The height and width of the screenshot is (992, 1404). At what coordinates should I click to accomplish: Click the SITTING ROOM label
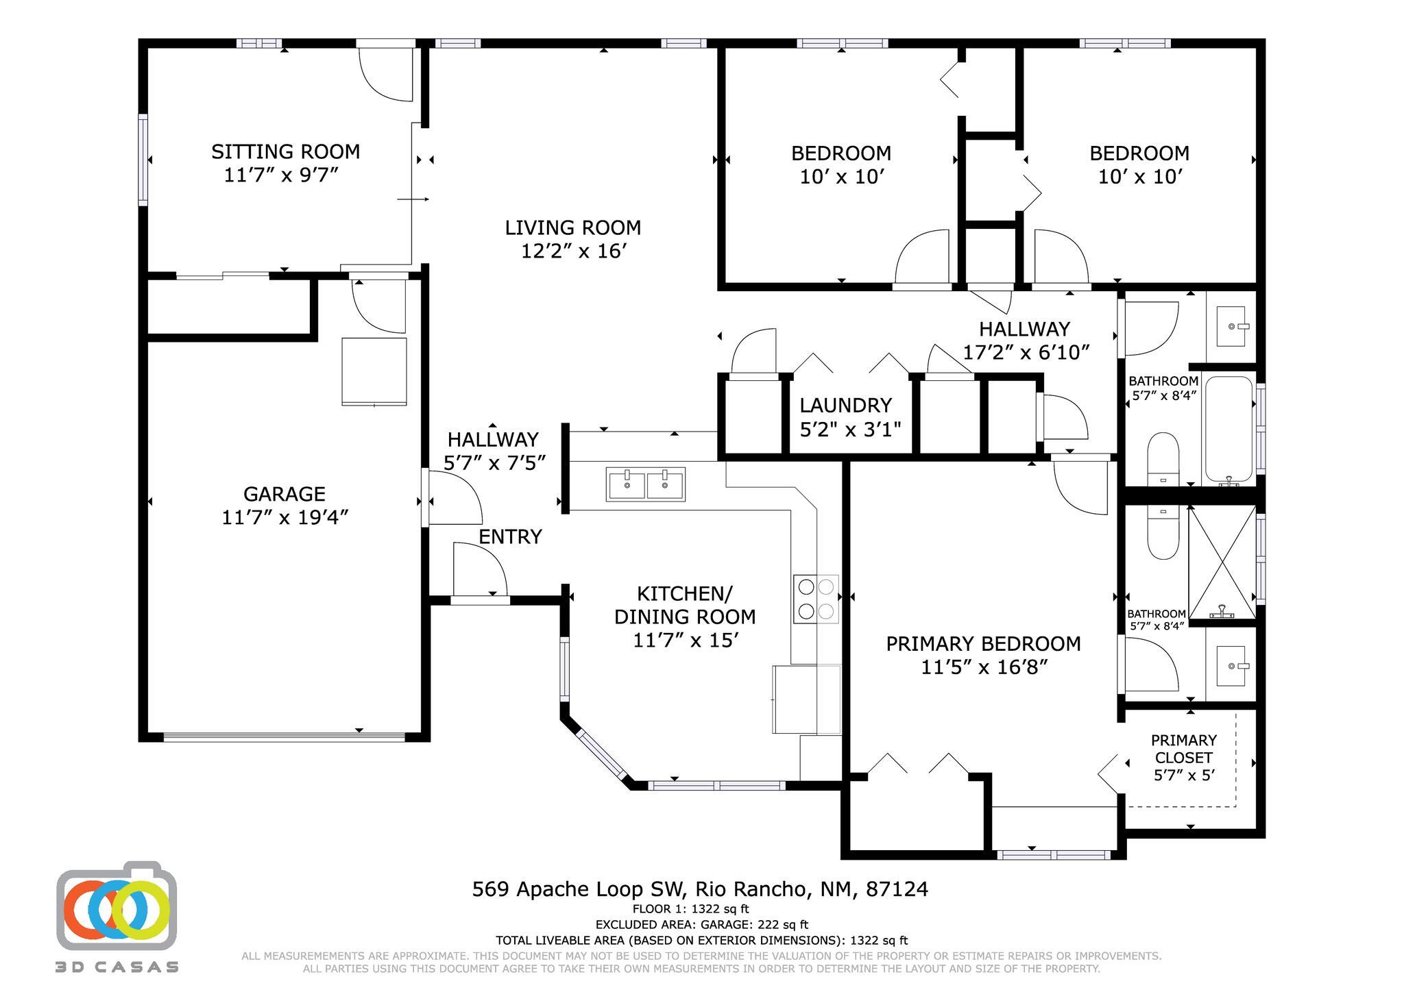[285, 151]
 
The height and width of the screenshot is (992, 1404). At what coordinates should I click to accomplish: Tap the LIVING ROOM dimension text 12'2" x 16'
[574, 251]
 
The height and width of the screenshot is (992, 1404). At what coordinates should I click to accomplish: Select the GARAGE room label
[284, 494]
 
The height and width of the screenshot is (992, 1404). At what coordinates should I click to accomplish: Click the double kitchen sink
[645, 484]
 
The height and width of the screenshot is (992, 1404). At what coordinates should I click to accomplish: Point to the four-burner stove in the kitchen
[816, 599]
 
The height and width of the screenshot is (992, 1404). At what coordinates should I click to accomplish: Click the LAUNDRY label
[845, 406]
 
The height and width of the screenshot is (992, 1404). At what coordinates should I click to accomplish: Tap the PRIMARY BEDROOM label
[983, 644]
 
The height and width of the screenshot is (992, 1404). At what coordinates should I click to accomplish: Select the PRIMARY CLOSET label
[1183, 749]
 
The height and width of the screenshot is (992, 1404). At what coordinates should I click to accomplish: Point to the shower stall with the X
[1222, 562]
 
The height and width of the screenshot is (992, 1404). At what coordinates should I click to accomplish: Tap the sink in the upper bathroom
[1231, 327]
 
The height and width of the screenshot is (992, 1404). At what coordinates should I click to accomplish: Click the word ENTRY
[510, 536]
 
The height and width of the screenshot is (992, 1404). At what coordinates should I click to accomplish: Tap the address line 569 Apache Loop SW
[699, 889]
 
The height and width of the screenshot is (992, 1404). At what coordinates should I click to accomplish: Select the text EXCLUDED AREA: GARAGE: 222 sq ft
[701, 925]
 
